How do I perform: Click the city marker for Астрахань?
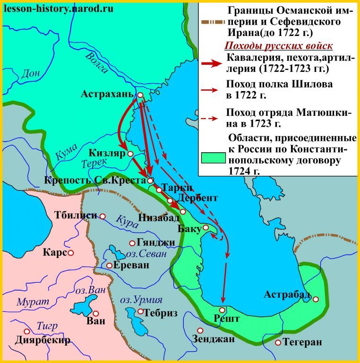pyautogui.click(x=140, y=95)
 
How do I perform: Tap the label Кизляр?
pyautogui.click(x=106, y=153)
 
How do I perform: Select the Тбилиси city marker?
pyautogui.click(x=103, y=216)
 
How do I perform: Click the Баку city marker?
pyautogui.click(x=206, y=227)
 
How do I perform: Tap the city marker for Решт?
pyautogui.click(x=222, y=310)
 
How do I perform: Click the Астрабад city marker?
pyautogui.click(x=316, y=299)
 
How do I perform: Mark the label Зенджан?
pyautogui.click(x=214, y=338)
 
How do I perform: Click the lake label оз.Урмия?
pyautogui.click(x=140, y=300)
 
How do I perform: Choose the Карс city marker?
pyautogui.click(x=71, y=253)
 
